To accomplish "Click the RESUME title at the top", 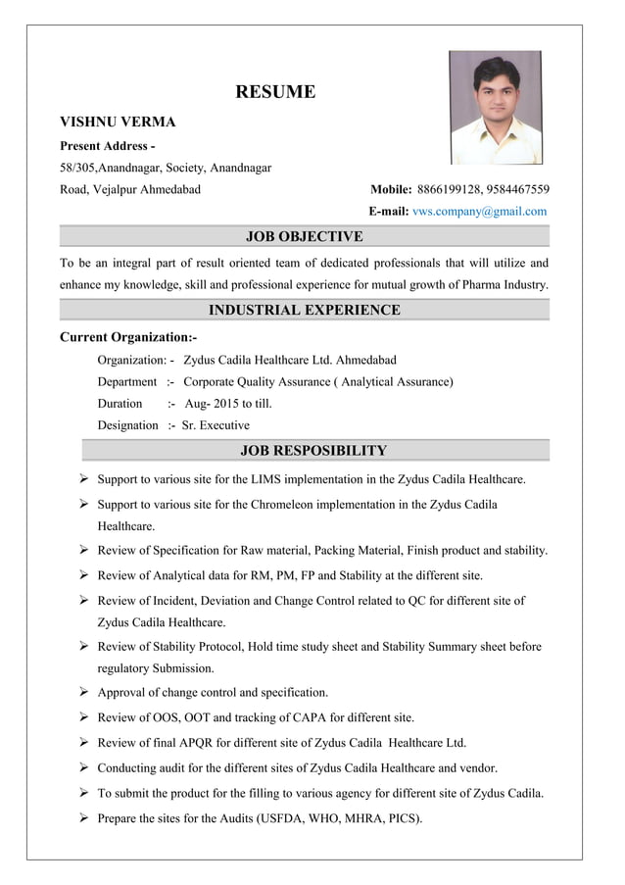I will (x=275, y=92).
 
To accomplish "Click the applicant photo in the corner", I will (x=496, y=107).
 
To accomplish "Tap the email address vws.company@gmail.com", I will (x=480, y=211).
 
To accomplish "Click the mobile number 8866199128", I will (x=450, y=189).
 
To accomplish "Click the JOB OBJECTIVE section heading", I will (x=304, y=236).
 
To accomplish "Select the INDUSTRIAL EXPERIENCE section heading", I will (x=304, y=310).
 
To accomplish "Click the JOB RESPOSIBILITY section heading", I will (x=312, y=451).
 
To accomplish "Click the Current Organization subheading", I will (x=128, y=337).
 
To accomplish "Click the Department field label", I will (x=126, y=381).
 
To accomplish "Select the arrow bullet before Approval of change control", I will (x=85, y=692).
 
